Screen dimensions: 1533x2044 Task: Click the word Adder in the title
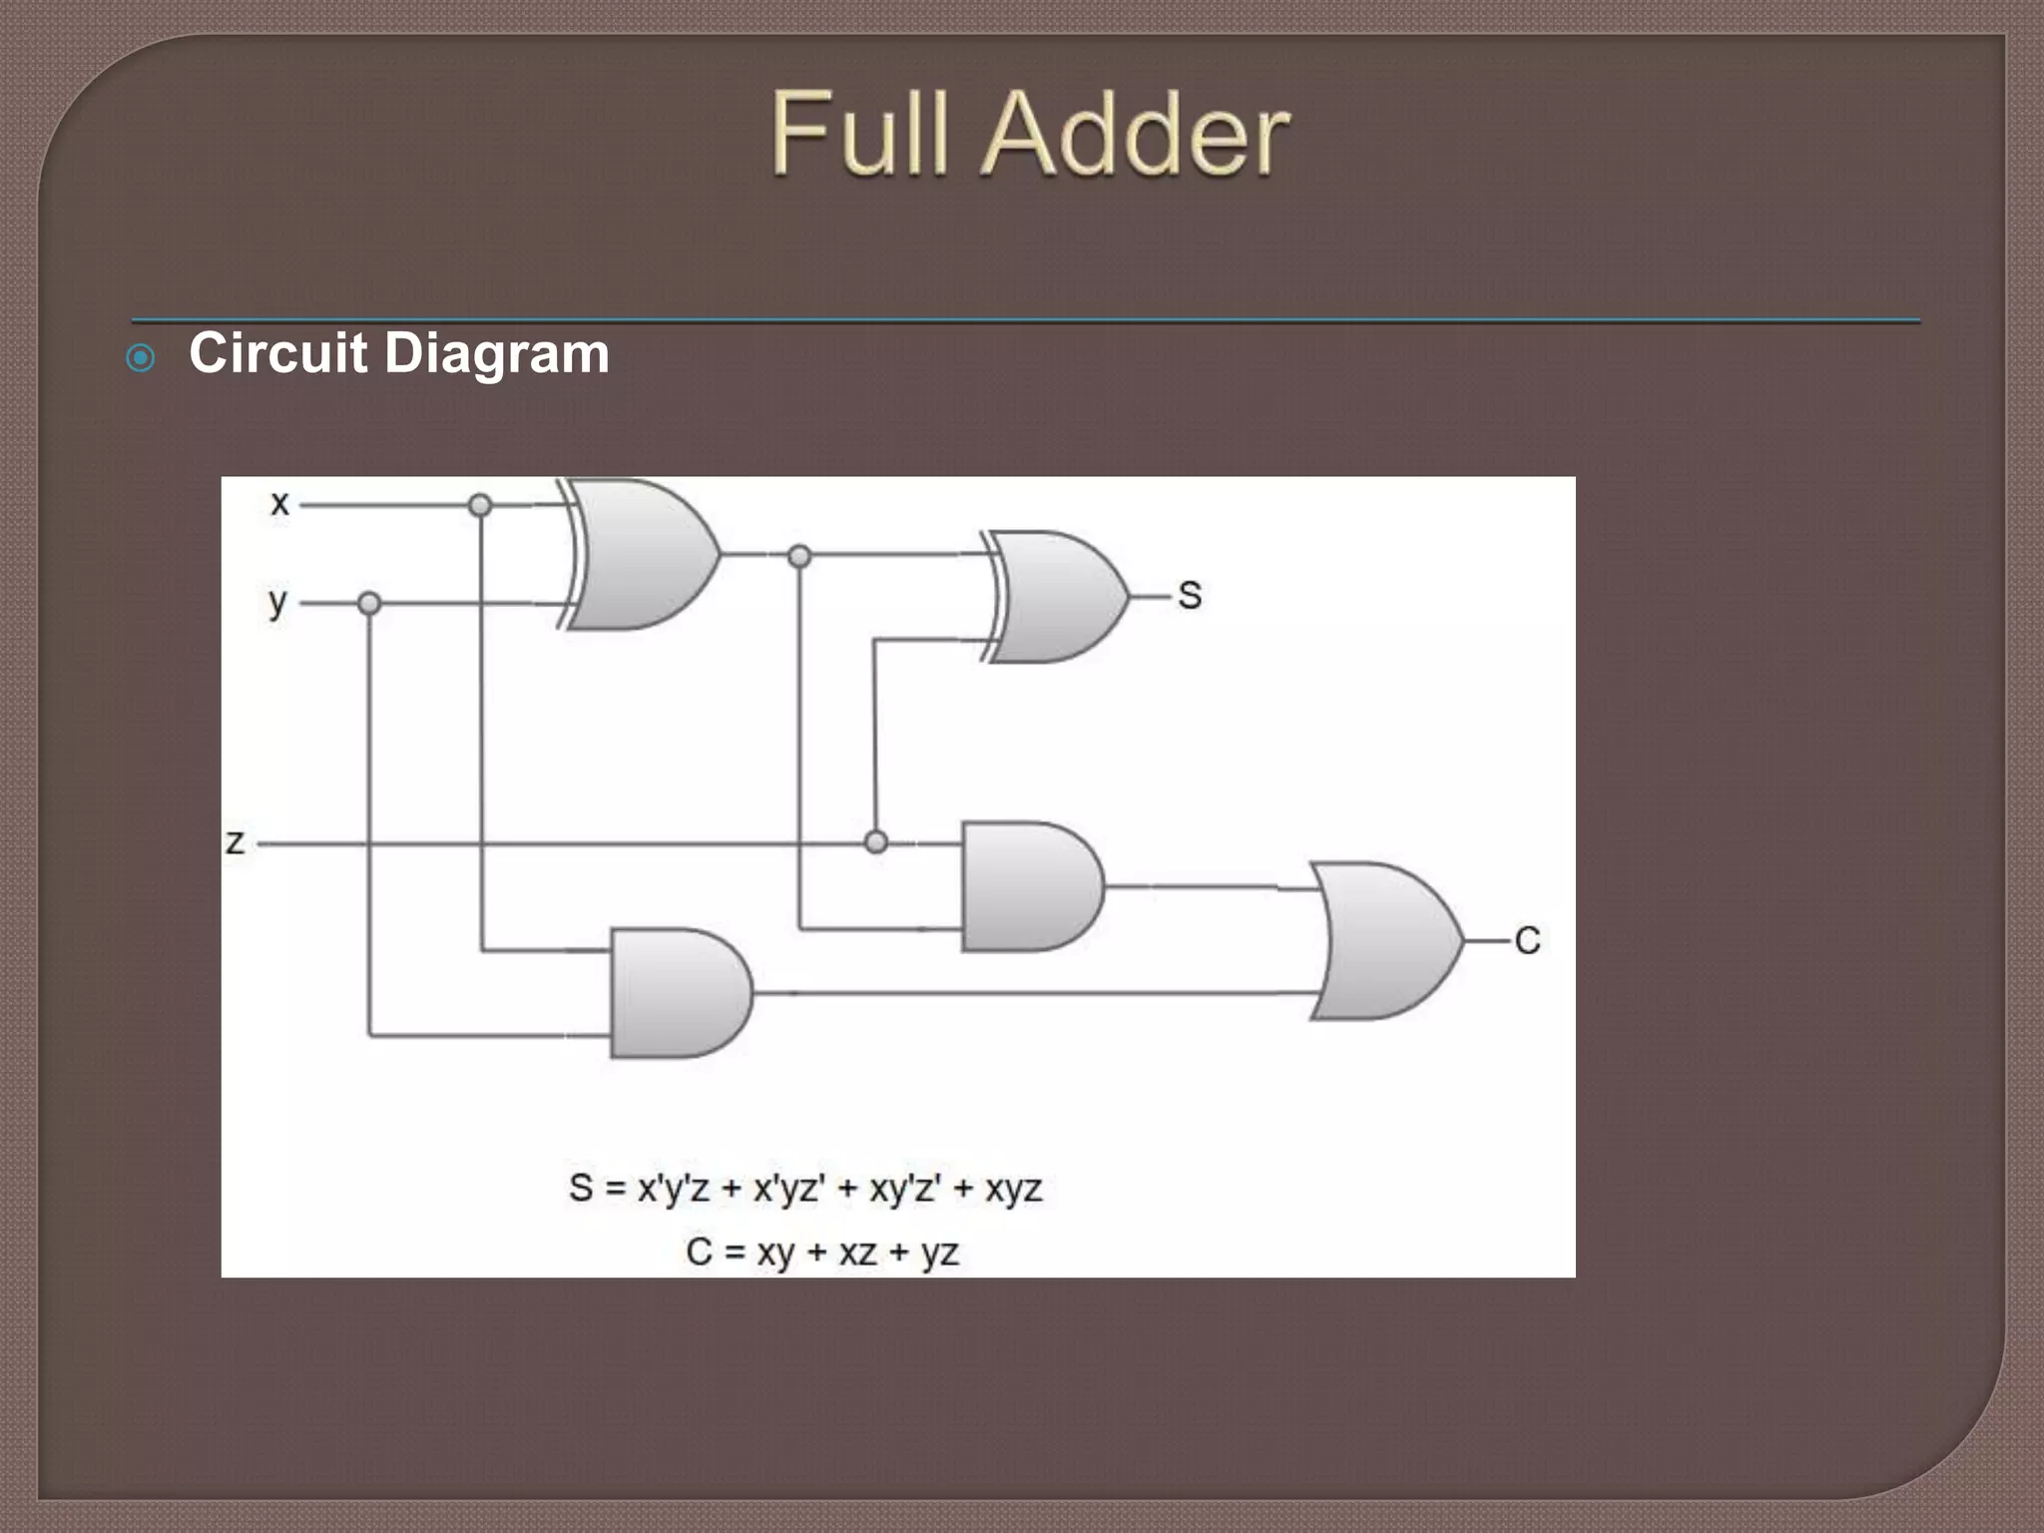point(1138,135)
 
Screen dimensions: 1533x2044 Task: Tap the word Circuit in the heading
point(278,353)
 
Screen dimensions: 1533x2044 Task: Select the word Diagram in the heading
point(496,355)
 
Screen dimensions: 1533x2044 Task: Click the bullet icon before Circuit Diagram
point(141,358)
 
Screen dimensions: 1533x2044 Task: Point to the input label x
point(279,503)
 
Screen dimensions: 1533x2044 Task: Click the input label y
point(277,603)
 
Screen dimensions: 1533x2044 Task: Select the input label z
point(235,842)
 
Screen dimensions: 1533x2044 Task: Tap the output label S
point(1189,596)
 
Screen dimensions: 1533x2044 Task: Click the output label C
point(1527,940)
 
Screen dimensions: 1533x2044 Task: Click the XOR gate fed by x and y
point(639,555)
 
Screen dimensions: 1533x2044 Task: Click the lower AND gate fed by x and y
point(680,993)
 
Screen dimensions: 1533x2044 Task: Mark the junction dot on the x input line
point(480,505)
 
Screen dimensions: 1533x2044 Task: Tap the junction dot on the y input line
point(369,604)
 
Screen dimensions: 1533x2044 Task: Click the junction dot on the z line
point(875,842)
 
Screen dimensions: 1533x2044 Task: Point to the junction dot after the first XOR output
point(799,556)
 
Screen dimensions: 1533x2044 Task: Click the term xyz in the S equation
point(1013,1189)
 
